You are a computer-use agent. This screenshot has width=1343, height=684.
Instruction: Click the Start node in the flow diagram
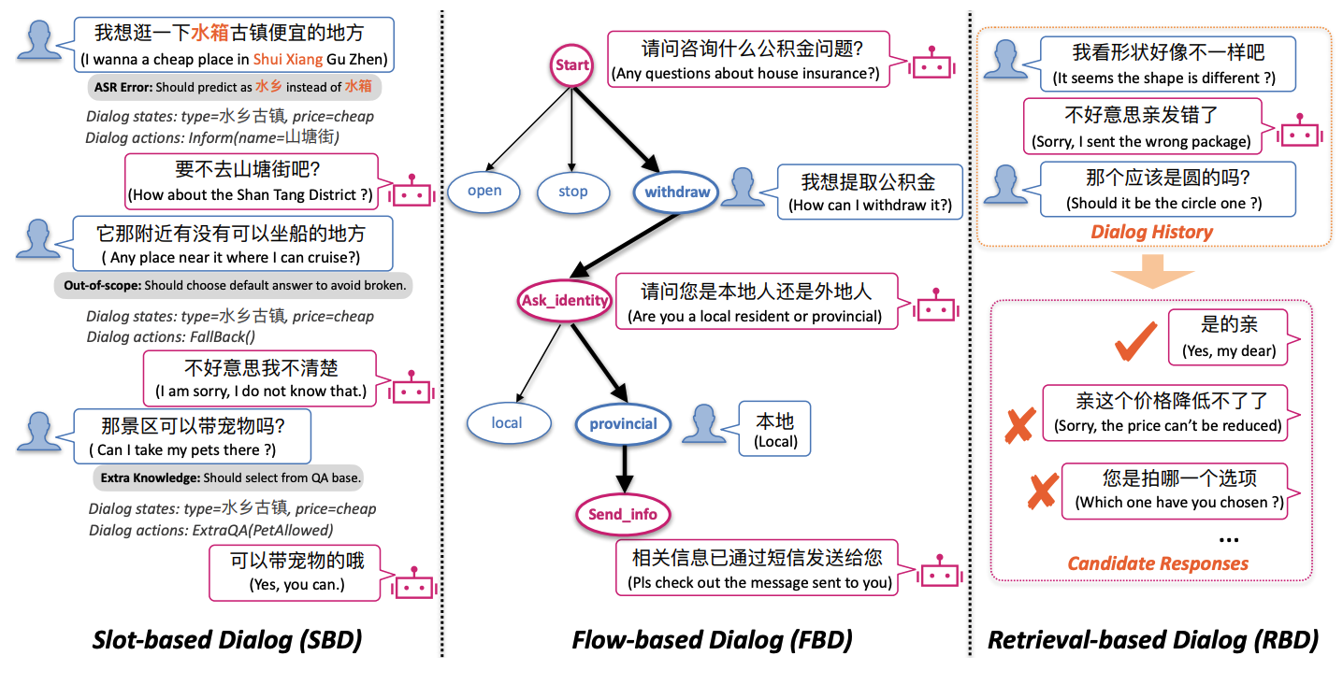[x=571, y=64]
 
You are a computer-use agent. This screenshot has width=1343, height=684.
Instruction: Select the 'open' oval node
[x=484, y=192]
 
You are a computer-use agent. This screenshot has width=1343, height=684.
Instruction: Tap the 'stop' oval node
[x=572, y=192]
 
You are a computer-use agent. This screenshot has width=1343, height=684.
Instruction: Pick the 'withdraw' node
[x=677, y=192]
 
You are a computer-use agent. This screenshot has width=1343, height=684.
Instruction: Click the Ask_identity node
[x=564, y=301]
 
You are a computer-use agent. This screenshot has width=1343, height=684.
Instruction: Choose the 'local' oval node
[x=506, y=423]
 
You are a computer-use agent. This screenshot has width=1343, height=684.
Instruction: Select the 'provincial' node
[x=623, y=423]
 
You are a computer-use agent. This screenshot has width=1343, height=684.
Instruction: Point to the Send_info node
[x=622, y=514]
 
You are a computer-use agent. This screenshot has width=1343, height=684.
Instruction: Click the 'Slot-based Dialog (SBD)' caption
[x=226, y=640]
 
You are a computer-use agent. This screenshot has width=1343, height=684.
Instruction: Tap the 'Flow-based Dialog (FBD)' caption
[x=712, y=640]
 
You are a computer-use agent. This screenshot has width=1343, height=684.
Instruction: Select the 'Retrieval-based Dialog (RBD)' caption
[x=1153, y=640]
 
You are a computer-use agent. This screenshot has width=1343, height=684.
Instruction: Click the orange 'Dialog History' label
[x=1151, y=233]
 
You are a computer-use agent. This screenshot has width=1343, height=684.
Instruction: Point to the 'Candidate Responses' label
[x=1158, y=563]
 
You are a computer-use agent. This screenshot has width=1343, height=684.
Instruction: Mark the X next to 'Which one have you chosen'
[x=1043, y=491]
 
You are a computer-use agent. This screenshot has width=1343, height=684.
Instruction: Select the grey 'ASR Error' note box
[x=234, y=87]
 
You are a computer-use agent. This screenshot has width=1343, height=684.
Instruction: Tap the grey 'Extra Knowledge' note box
[x=230, y=477]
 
